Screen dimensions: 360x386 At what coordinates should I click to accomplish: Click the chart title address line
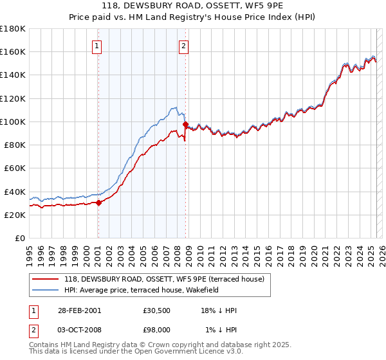click(x=192, y=7)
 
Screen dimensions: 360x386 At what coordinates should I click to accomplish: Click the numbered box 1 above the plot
click(x=96, y=45)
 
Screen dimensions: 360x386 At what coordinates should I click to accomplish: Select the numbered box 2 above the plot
click(x=184, y=45)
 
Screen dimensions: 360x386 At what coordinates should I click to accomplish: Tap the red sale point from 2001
click(x=99, y=203)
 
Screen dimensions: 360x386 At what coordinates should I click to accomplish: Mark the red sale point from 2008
click(x=185, y=124)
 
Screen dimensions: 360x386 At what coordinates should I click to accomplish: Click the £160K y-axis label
click(x=13, y=51)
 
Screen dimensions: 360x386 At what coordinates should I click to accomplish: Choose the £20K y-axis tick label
click(x=15, y=215)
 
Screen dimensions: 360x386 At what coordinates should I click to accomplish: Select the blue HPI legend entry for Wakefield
click(x=150, y=290)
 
